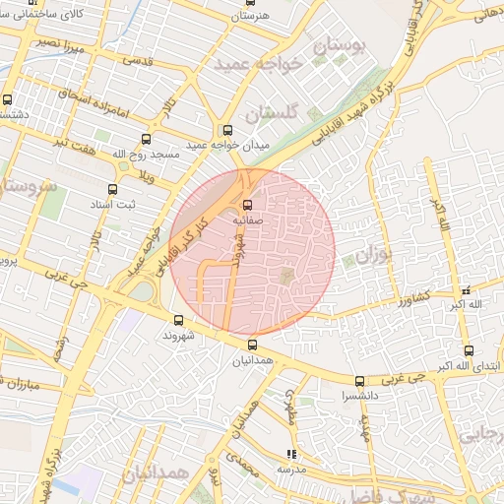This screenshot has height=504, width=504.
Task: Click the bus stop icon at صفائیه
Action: pyautogui.click(x=246, y=206)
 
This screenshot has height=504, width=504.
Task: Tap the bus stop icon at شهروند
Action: pyautogui.click(x=178, y=319)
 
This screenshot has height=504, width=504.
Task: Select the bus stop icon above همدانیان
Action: pyautogui.click(x=253, y=345)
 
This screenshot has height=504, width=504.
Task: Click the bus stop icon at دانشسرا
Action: pyautogui.click(x=359, y=381)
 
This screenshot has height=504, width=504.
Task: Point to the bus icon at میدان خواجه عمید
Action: pyautogui.click(x=227, y=130)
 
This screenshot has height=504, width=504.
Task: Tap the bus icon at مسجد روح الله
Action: pyautogui.click(x=147, y=139)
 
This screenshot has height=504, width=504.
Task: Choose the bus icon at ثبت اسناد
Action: pyautogui.click(x=112, y=189)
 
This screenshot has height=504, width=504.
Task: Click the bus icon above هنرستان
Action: pyautogui.click(x=249, y=3)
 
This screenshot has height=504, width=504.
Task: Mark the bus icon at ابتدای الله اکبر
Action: pyautogui.click(x=469, y=349)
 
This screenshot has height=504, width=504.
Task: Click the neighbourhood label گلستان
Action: pyautogui.click(x=269, y=114)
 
